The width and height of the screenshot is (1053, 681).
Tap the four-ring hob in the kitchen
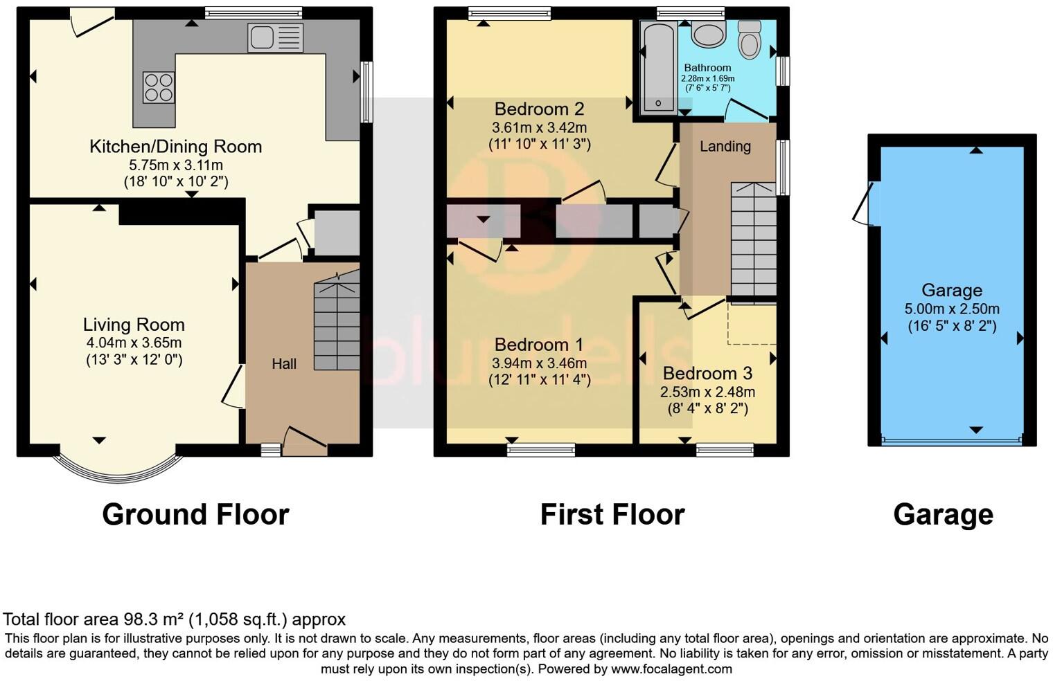click(x=158, y=87)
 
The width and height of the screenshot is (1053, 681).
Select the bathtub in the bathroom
click(x=658, y=67)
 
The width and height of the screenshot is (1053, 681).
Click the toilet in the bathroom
click(x=749, y=39)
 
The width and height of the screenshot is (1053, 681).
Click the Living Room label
click(x=134, y=325)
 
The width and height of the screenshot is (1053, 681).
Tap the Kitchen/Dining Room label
click(x=175, y=147)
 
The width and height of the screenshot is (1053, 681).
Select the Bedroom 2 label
click(x=539, y=109)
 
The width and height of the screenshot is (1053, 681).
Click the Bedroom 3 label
click(x=707, y=374)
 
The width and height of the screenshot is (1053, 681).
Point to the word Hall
click(x=284, y=364)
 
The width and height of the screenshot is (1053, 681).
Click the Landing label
click(x=725, y=146)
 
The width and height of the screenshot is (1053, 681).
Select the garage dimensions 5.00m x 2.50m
click(x=952, y=309)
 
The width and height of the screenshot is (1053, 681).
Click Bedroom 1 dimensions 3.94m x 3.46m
click(x=539, y=363)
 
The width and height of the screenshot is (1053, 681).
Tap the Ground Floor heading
click(x=195, y=514)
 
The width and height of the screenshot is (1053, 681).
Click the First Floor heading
click(x=612, y=514)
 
